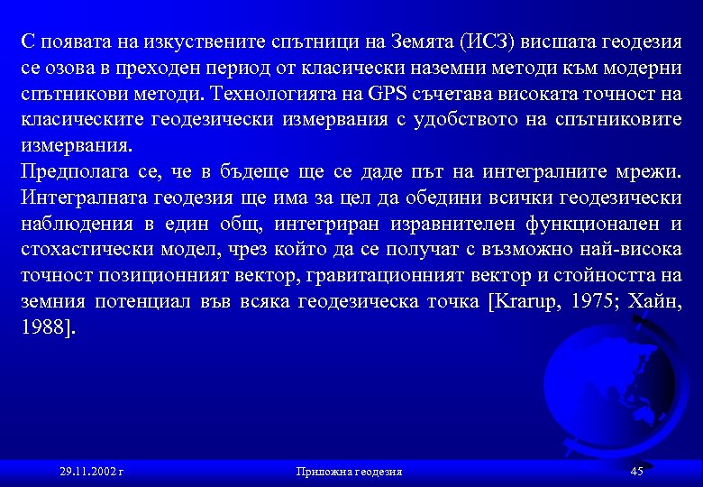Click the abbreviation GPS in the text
388,94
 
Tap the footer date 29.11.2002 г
91,471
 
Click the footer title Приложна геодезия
349,471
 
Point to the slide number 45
636,471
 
